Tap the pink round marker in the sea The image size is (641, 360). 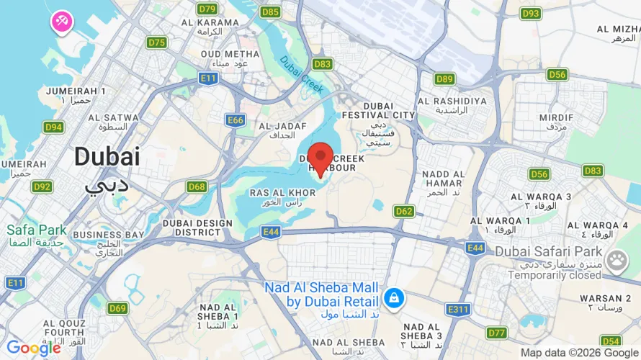[x=60, y=22]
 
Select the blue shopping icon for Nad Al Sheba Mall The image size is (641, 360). [x=393, y=297]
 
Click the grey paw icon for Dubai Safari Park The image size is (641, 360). [x=617, y=261]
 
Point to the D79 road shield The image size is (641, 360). [x=207, y=9]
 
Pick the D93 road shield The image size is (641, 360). [x=531, y=13]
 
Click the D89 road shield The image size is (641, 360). [x=444, y=78]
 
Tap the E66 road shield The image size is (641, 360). [x=235, y=120]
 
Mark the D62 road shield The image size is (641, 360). [x=404, y=211]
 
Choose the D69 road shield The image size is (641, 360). [x=118, y=308]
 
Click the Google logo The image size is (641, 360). [x=33, y=348]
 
